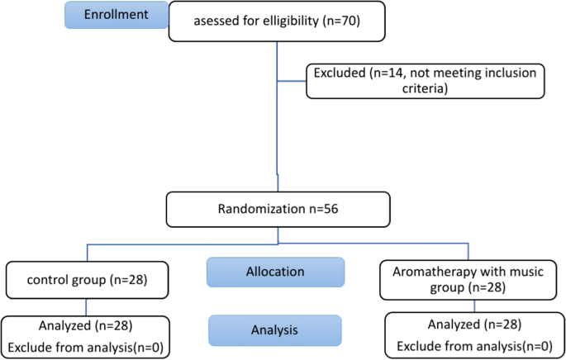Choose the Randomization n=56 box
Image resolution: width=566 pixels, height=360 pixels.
point(277,210)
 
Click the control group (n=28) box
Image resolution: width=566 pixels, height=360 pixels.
point(87,280)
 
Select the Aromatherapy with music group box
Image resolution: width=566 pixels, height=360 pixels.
point(464,279)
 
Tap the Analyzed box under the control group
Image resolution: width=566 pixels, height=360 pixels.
point(87,335)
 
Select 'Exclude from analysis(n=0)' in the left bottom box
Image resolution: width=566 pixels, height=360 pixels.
point(87,345)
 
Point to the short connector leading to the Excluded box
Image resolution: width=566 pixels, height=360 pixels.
point(291,81)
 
